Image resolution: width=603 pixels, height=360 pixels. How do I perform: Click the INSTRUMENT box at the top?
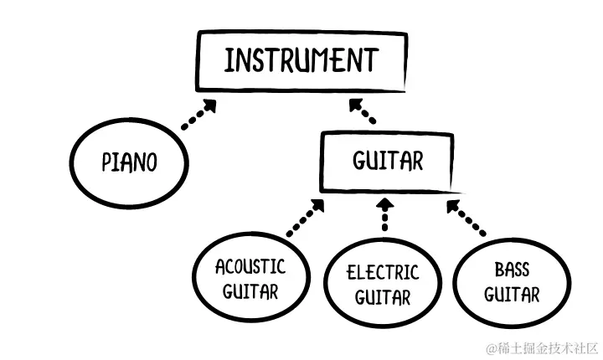click(x=301, y=61)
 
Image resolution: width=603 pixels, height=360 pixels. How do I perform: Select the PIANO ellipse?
click(x=129, y=161)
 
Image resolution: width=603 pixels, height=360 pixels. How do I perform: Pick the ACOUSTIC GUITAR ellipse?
click(x=250, y=280)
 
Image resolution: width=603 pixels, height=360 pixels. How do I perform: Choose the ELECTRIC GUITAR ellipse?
click(x=383, y=285)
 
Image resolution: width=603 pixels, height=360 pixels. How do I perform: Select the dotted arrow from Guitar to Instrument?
click(x=363, y=111)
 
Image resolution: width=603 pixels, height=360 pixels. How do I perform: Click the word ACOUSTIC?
click(x=250, y=268)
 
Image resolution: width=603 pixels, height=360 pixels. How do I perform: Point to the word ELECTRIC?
click(x=383, y=272)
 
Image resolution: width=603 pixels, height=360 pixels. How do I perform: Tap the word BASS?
click(x=511, y=270)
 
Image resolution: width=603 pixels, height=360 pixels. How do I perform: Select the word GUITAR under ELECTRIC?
click(x=383, y=297)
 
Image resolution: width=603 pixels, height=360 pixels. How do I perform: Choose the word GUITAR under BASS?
click(x=511, y=295)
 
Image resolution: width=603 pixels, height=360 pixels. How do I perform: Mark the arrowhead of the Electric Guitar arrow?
click(x=384, y=203)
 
